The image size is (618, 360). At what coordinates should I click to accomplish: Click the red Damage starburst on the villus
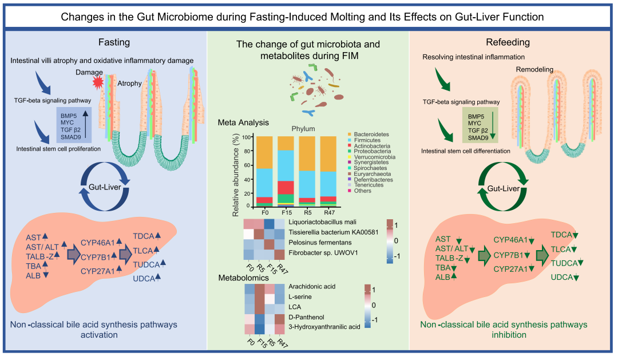pos(98,82)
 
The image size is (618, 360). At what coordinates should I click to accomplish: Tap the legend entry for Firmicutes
pos(367,140)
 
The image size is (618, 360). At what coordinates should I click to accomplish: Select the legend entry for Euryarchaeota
pos(372,174)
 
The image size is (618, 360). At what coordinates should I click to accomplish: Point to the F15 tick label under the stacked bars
pos(287,212)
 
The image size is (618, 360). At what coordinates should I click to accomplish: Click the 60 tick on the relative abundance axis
pos(247,165)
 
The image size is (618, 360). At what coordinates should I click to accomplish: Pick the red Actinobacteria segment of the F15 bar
pos(286,188)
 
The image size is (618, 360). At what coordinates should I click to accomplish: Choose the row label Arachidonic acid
pos(312,287)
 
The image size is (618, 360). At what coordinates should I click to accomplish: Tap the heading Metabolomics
pos(244,278)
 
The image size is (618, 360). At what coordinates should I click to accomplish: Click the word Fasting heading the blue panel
pos(114,42)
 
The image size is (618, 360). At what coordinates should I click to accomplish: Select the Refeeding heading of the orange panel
pos(508,42)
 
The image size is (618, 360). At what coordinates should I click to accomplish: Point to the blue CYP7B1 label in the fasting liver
pos(96,258)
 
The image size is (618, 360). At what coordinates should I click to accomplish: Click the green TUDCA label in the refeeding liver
pos(564,263)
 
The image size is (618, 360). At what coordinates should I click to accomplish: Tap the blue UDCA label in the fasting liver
pos(144,279)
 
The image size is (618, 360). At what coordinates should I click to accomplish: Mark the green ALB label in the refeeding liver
pos(442,277)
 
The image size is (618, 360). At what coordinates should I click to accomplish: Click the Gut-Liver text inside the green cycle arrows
pos(504,188)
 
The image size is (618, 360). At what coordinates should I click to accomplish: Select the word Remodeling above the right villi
pos(534,69)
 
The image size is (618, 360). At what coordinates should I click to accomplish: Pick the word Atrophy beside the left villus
pos(129,83)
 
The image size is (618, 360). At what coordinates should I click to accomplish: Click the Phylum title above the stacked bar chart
pos(303,129)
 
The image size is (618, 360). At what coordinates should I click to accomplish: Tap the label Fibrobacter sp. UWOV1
pos(323,253)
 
